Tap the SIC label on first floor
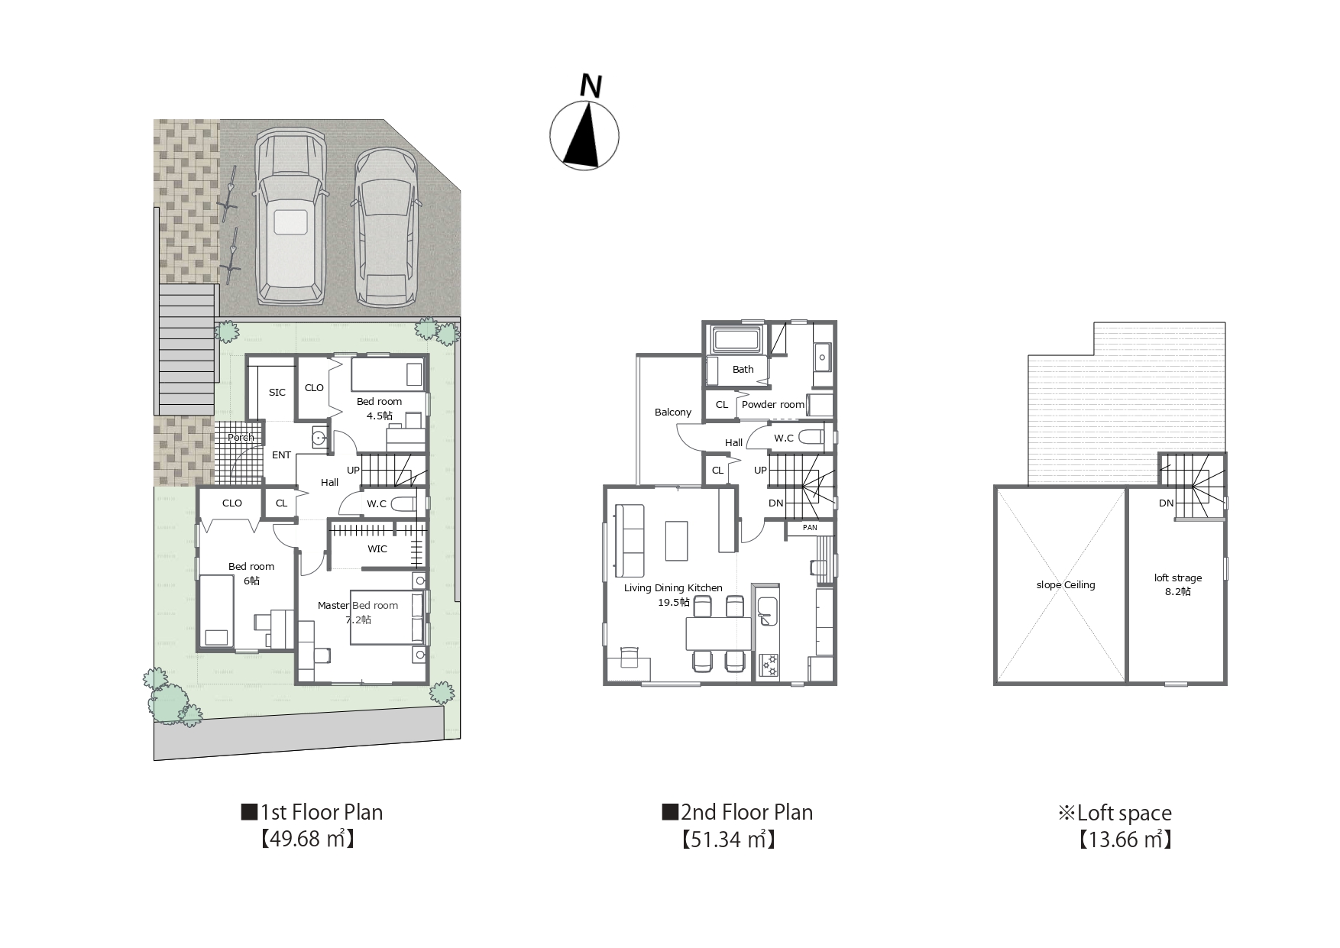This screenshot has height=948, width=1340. (277, 393)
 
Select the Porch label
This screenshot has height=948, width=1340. (241, 438)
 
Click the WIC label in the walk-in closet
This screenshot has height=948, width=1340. (377, 549)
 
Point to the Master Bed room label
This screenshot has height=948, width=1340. (358, 606)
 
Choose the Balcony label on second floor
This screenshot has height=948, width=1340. (673, 413)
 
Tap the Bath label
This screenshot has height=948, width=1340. (743, 370)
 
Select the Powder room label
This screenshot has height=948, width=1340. (773, 405)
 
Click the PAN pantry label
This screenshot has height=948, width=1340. (810, 528)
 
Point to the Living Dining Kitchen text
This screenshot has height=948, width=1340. (673, 588)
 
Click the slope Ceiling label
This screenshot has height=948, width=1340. (1066, 585)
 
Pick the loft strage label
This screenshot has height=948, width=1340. (1178, 578)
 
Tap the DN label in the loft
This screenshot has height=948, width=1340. (1166, 503)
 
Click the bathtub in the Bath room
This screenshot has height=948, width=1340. (737, 338)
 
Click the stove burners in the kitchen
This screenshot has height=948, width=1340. (769, 665)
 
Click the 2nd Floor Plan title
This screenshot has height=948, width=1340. (737, 812)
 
